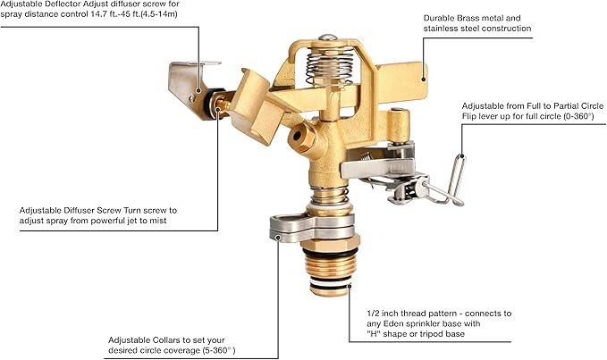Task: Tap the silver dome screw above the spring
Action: pos(328,38)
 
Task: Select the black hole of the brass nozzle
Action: pos(297,136)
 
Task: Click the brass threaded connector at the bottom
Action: pos(330,272)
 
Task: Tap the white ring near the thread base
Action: pos(330,282)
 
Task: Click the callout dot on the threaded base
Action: pos(350,286)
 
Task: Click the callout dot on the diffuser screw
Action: pos(217,110)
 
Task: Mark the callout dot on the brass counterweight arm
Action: pos(423,80)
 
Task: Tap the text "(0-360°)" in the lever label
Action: pos(578,116)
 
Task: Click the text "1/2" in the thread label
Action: pos(374,314)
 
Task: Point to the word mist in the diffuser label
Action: pos(159,221)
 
